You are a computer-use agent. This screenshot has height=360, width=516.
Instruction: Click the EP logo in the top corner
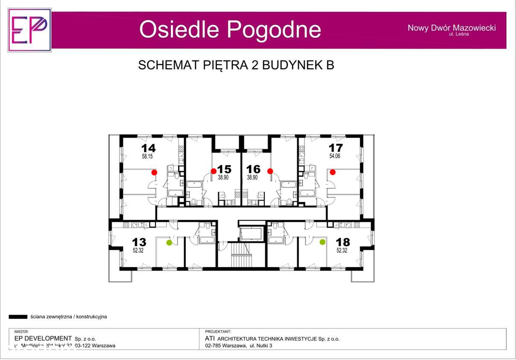tap(29, 30)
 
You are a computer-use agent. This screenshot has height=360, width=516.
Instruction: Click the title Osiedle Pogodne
tap(230, 30)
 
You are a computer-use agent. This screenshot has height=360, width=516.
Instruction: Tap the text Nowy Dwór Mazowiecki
tap(451, 28)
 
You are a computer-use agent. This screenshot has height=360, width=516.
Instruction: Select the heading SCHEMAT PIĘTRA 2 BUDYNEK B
tap(236, 65)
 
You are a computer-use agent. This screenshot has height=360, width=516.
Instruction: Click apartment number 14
tap(148, 148)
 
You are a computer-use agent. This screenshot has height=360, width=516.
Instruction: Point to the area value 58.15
tap(147, 157)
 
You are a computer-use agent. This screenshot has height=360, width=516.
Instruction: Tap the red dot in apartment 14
tap(154, 172)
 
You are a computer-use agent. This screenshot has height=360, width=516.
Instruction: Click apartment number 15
tap(224, 169)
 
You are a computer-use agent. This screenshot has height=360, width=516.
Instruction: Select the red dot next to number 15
tap(214, 171)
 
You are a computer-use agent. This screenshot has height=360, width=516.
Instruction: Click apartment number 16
tap(253, 169)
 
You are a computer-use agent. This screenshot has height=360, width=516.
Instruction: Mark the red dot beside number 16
tap(270, 171)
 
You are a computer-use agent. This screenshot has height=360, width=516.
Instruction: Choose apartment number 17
tap(336, 148)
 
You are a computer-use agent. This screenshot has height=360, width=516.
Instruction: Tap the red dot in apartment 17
tap(332, 172)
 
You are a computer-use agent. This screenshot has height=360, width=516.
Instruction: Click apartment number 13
tap(139, 242)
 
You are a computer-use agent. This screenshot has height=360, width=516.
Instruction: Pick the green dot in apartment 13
tap(169, 243)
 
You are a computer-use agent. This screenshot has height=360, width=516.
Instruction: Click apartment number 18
tap(343, 242)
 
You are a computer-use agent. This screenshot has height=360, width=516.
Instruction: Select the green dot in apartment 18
tap(322, 242)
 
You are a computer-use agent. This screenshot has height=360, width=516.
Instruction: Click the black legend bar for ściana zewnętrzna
tap(18, 317)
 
